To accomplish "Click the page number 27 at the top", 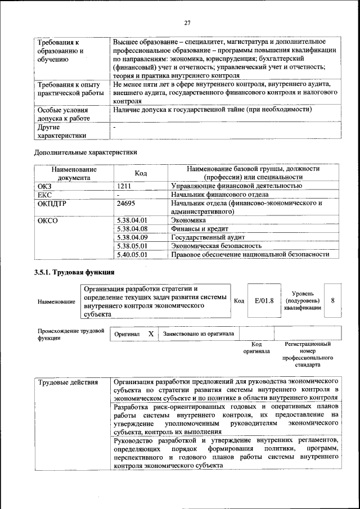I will (x=187, y=23).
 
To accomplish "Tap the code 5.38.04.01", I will (x=132, y=220).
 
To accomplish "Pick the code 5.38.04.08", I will (x=132, y=229).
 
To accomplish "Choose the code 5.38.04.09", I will (x=132, y=237).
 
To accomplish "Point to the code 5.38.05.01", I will (x=132, y=246).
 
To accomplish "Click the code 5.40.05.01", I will (x=132, y=254).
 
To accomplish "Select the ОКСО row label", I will (x=48, y=220).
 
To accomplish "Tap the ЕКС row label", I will (x=44, y=195).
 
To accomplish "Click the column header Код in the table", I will (x=141, y=173).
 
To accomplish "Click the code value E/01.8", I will (x=264, y=301).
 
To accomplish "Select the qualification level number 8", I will (x=333, y=300).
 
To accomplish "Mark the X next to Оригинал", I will (x=151, y=334).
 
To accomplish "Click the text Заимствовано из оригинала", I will (x=199, y=334).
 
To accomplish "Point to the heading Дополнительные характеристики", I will (x=85, y=152).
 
